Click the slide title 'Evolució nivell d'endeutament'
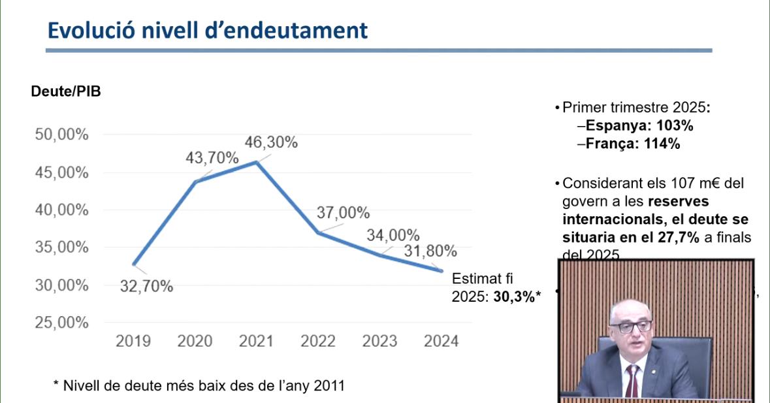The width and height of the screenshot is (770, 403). pyautogui.click(x=208, y=31)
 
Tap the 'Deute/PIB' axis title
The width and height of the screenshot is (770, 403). pyautogui.click(x=66, y=91)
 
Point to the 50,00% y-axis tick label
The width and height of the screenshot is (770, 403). pyautogui.click(x=61, y=135)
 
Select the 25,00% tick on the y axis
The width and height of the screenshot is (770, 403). pyautogui.click(x=61, y=323)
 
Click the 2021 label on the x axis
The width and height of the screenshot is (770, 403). pyautogui.click(x=257, y=341)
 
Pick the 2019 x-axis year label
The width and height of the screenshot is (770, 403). pyautogui.click(x=133, y=341)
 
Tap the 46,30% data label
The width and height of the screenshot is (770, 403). pyautogui.click(x=271, y=142)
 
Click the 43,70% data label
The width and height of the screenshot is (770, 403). pyautogui.click(x=212, y=158)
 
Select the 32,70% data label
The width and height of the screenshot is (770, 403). pyautogui.click(x=146, y=286)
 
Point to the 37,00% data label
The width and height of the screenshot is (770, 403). pyautogui.click(x=343, y=213)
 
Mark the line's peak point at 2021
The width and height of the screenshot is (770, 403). pyautogui.click(x=257, y=162)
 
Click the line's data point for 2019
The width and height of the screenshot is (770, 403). pyautogui.click(x=134, y=265)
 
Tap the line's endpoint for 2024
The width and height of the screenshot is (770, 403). pyautogui.click(x=441, y=270)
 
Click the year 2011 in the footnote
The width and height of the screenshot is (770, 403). pyautogui.click(x=329, y=386)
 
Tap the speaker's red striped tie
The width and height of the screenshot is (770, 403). pyautogui.click(x=631, y=381)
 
